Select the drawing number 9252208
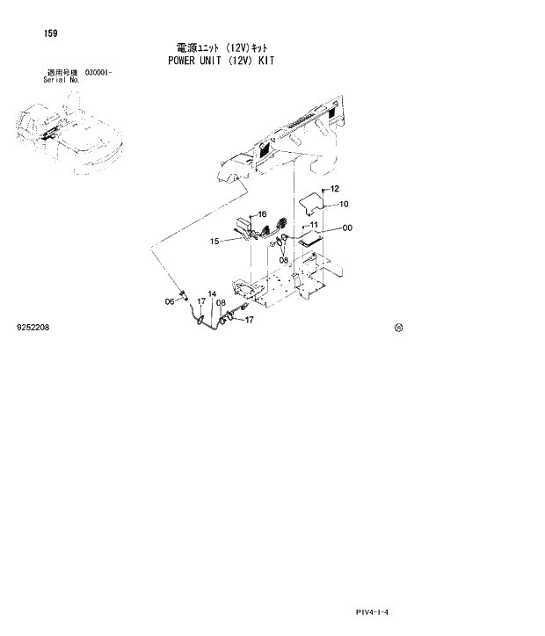[x=33, y=327]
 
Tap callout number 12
[x=335, y=189]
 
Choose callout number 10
[x=344, y=204]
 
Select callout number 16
[x=261, y=214]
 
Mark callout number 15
[x=214, y=241]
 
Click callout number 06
[x=170, y=301]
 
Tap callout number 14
[x=211, y=293]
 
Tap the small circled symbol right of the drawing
[x=398, y=328]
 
